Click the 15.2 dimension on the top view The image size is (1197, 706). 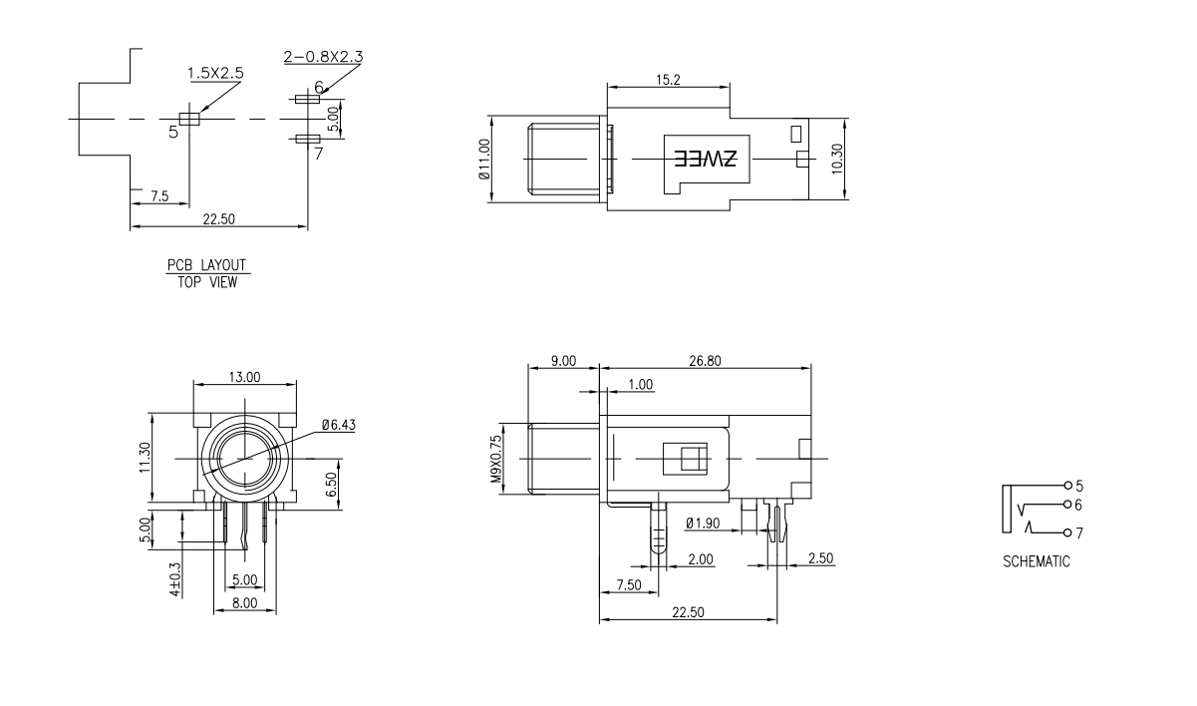668,80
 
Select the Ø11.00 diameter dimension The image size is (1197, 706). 484,159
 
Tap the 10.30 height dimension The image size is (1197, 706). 837,159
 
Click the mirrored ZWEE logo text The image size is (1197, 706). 706,159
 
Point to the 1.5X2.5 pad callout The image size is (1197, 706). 215,73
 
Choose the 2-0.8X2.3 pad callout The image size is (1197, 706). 323,56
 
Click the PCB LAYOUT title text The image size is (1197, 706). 206,265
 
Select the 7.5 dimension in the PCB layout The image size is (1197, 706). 159,196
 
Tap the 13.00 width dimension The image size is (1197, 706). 245,377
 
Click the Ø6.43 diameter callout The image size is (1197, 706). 338,425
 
